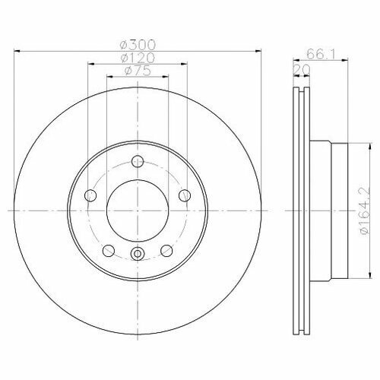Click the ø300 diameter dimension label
tap(138, 45)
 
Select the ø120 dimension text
tap(138, 59)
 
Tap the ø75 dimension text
tap(138, 71)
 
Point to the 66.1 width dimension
tap(321, 54)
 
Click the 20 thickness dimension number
tap(302, 70)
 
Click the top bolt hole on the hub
tap(138, 161)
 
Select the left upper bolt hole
tap(90, 195)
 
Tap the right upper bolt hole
tap(185, 195)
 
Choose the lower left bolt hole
tap(109, 251)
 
